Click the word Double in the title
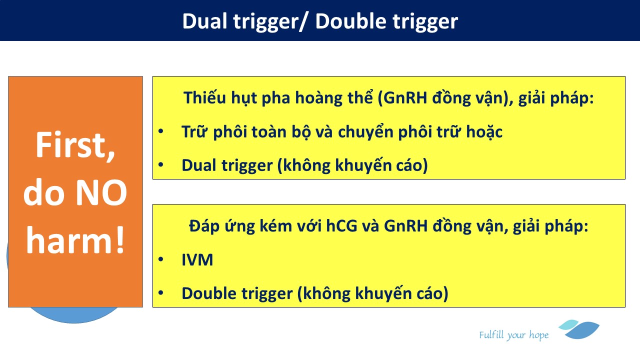[x=351, y=21]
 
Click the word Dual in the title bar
[x=204, y=21]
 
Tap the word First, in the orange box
[x=75, y=145]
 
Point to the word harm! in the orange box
[x=75, y=239]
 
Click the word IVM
[x=197, y=259]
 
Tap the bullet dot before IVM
[x=161, y=259]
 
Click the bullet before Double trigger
[x=161, y=292]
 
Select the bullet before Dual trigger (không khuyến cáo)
[x=161, y=164]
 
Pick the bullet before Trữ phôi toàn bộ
[x=161, y=131]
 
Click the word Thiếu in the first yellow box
[x=205, y=97]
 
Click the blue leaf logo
[x=579, y=329]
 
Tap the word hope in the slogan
[x=539, y=335]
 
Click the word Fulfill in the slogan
[x=491, y=334]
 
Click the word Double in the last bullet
[x=208, y=293]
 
